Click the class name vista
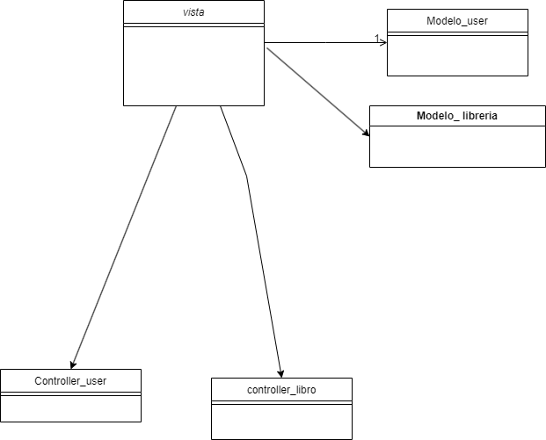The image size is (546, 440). pos(193,12)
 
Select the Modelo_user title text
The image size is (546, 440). pos(457,20)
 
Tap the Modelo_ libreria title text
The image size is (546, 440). pos(457,116)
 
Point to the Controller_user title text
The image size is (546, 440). pos(70,380)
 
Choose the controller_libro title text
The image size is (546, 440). pos(281,389)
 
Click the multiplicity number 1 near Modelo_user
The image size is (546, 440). pos(377,39)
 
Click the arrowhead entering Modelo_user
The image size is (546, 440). pos(383,42)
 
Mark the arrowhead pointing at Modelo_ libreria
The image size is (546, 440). pos(365,134)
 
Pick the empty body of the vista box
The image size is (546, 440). pos(193,66)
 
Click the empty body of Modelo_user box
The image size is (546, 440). pos(457,57)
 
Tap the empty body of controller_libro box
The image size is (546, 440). pos(281,422)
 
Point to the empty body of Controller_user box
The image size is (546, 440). pos(70,408)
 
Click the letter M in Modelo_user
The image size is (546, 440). pos(428,20)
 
